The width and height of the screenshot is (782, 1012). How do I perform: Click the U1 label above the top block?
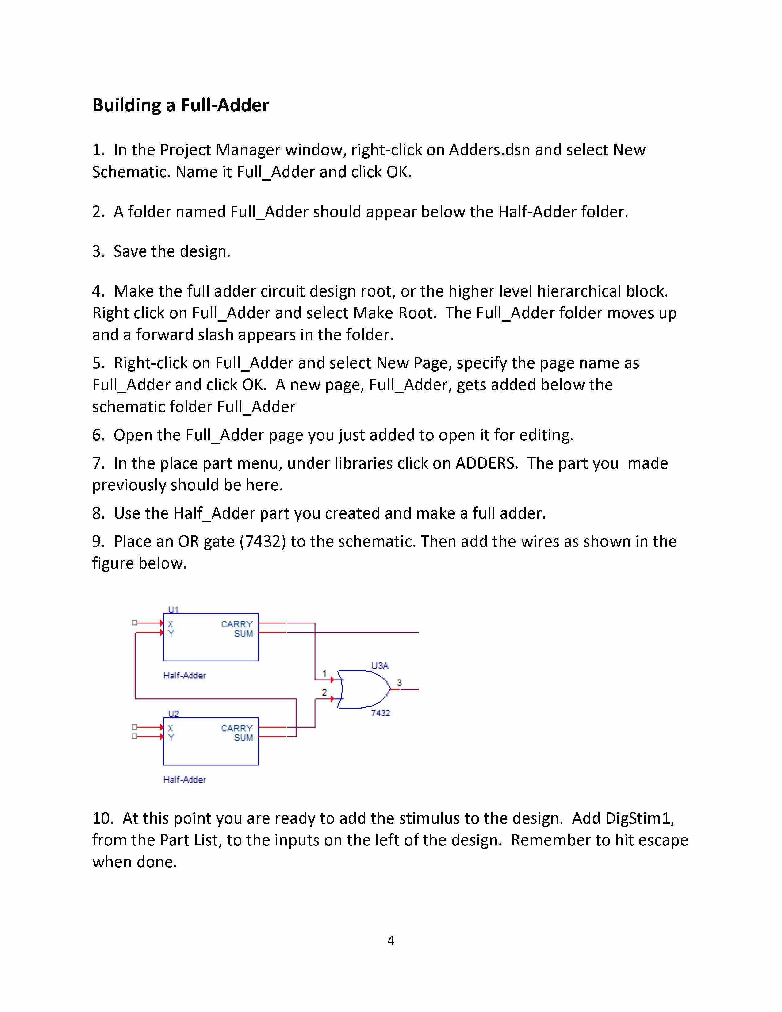click(x=173, y=609)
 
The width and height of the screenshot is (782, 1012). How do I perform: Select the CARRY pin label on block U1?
click(x=237, y=624)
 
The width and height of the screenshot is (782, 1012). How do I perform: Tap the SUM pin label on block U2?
click(x=243, y=737)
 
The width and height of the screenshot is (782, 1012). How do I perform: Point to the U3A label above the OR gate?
click(x=380, y=665)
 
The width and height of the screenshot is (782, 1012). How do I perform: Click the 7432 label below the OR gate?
click(x=380, y=713)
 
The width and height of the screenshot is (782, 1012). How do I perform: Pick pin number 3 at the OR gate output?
click(x=399, y=683)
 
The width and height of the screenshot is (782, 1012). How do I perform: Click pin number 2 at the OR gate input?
click(x=324, y=692)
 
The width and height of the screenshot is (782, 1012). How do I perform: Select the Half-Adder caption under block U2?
click(x=184, y=779)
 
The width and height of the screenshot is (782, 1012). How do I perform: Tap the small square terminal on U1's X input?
click(x=134, y=623)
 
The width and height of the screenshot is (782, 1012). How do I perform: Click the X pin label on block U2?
click(x=170, y=728)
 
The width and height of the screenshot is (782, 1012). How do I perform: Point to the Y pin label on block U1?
click(x=171, y=634)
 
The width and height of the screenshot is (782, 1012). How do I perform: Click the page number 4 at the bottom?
click(x=390, y=940)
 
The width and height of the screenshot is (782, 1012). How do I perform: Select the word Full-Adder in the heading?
click(x=225, y=105)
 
